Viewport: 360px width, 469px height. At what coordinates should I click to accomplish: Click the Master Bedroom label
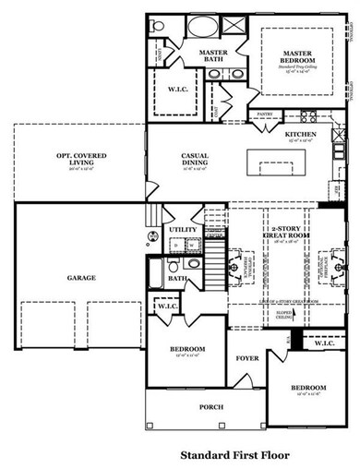tap(300, 56)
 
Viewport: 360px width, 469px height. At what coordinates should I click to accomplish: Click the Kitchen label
tap(301, 135)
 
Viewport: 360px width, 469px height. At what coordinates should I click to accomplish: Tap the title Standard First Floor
tap(234, 454)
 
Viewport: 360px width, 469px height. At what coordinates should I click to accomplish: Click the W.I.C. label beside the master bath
tap(179, 90)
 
